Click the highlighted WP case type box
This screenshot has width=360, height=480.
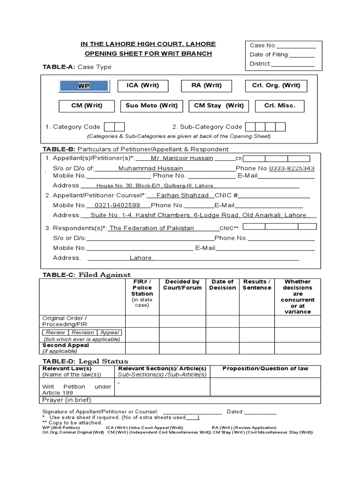[84, 86]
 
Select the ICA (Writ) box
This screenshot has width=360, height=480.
[143, 85]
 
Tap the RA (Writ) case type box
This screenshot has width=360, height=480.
[206, 85]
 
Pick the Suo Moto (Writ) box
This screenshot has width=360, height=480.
[151, 106]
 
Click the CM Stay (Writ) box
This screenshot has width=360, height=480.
[219, 106]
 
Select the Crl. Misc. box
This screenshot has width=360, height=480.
[280, 106]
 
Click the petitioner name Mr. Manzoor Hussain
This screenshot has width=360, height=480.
[181, 158]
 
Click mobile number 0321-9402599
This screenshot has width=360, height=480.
[117, 205]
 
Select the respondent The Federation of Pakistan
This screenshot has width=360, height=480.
[151, 228]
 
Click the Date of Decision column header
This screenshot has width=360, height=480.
[222, 285]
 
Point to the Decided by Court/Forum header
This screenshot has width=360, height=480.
[182, 285]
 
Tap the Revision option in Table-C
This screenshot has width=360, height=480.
[82, 332]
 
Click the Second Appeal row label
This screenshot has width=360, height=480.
[66, 345]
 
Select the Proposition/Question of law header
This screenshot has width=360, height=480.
[265, 368]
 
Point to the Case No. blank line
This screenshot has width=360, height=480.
[296, 45]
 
